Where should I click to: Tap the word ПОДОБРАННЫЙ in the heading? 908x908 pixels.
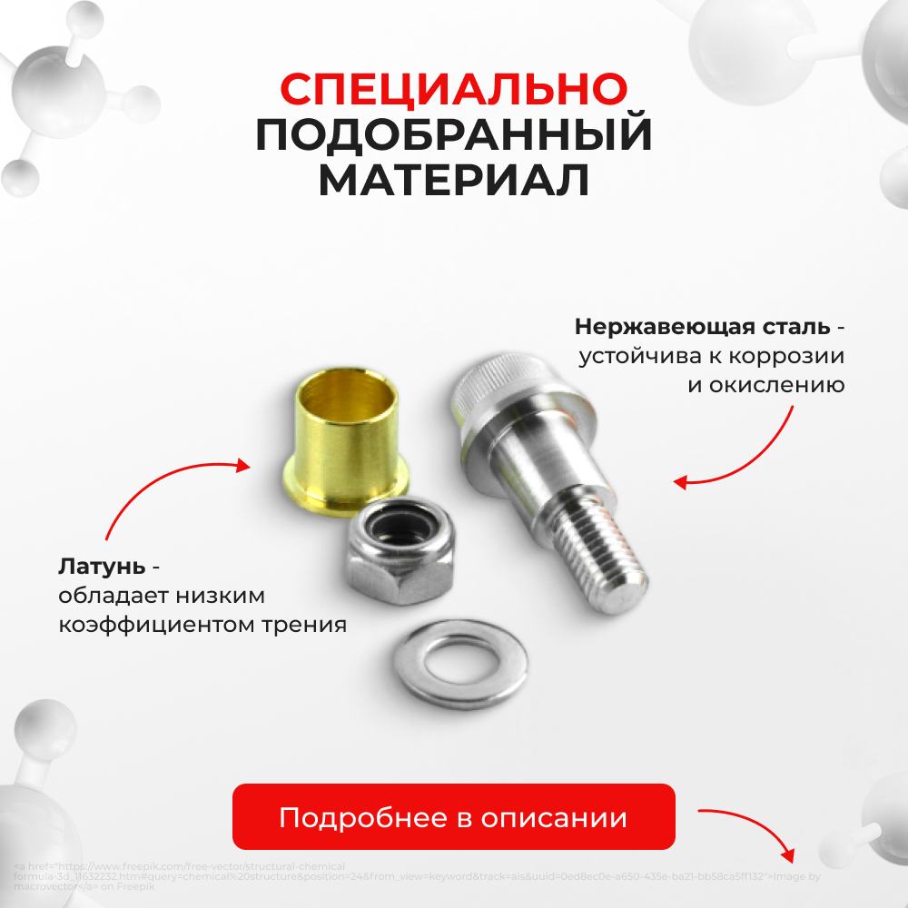coord(453,135)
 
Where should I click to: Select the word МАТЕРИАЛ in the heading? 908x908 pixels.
coord(453,181)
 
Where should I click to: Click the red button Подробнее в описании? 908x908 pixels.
coord(453,817)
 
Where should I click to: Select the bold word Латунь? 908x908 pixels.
coord(102,567)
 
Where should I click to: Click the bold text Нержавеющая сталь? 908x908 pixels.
coord(702,325)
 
